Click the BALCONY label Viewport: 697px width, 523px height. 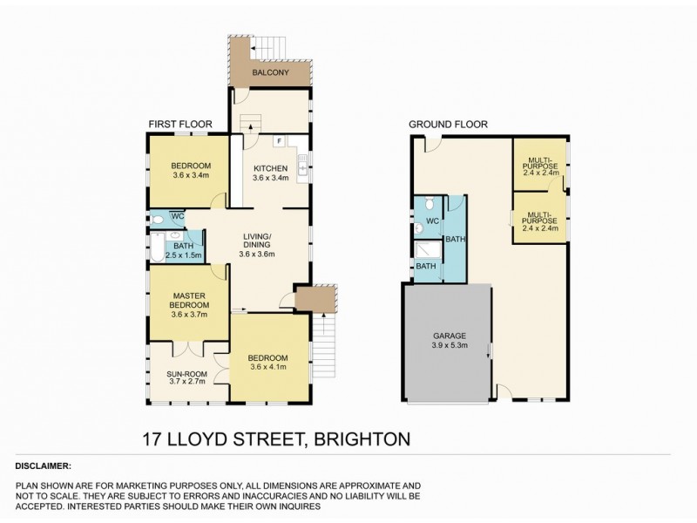pos(271,73)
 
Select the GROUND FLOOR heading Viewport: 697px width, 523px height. pos(448,125)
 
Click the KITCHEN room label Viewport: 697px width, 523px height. pos(270,168)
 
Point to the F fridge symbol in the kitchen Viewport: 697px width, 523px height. pos(278,141)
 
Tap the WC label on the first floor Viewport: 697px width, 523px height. pos(177,216)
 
